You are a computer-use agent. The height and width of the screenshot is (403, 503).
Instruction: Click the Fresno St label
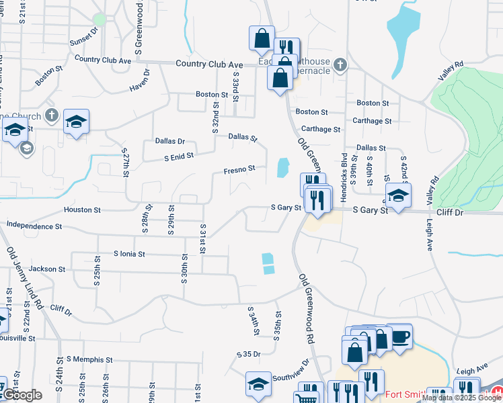pyautogui.click(x=239, y=169)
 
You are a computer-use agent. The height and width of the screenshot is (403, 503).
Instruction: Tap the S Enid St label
pyautogui.click(x=179, y=156)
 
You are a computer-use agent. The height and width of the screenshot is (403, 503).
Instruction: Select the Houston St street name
pyautogui.click(x=82, y=210)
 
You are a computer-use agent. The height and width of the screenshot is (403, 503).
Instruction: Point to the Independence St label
pyautogui.click(x=34, y=226)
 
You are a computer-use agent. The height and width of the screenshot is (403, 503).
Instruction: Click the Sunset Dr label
pyautogui.click(x=83, y=36)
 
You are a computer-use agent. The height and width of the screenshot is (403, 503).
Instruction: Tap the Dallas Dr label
pyautogui.click(x=169, y=141)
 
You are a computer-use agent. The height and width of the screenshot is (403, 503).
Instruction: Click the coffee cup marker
pyautogui.click(x=400, y=334)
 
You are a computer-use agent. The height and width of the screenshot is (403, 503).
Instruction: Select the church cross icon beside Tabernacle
pyautogui.click(x=341, y=65)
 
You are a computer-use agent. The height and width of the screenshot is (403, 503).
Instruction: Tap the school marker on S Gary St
pyautogui.click(x=398, y=196)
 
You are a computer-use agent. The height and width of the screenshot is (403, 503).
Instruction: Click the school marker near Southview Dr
pyautogui.click(x=258, y=384)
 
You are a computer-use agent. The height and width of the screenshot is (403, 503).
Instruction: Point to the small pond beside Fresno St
pyautogui.click(x=283, y=168)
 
